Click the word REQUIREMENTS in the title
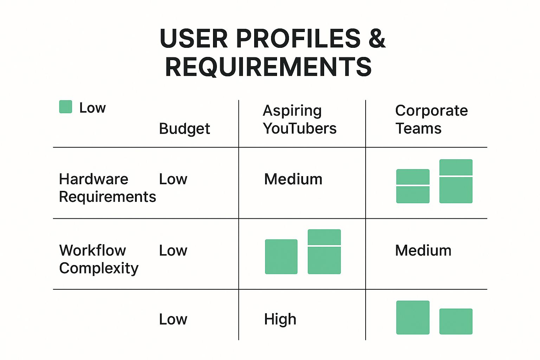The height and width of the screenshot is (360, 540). [x=268, y=67]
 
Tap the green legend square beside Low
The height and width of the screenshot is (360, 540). [x=66, y=107]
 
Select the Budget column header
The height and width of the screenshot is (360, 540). [x=184, y=129]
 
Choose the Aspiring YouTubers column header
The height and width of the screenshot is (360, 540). [x=299, y=120]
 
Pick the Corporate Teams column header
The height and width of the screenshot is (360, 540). [x=431, y=120]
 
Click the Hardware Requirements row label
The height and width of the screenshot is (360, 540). [x=107, y=188]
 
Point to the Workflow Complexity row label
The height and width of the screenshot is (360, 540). [x=99, y=259]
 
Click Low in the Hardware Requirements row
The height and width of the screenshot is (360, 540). [x=173, y=179]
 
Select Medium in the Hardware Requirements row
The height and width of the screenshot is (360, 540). [x=293, y=179]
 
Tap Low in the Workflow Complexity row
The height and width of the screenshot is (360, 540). [x=173, y=251]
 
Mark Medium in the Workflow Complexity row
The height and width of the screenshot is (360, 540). [x=423, y=251]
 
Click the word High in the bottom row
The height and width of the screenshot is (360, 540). [x=280, y=319]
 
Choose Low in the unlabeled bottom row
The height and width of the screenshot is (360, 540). [x=173, y=319]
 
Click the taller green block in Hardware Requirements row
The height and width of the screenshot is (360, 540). [x=456, y=181]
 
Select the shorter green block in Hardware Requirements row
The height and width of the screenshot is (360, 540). [x=413, y=186]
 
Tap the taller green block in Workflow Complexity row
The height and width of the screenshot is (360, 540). [x=324, y=252]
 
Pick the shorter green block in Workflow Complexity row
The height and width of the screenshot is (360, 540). [x=281, y=257]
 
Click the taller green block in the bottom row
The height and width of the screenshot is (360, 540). [x=413, y=317]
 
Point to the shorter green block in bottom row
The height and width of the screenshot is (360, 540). [x=456, y=321]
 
